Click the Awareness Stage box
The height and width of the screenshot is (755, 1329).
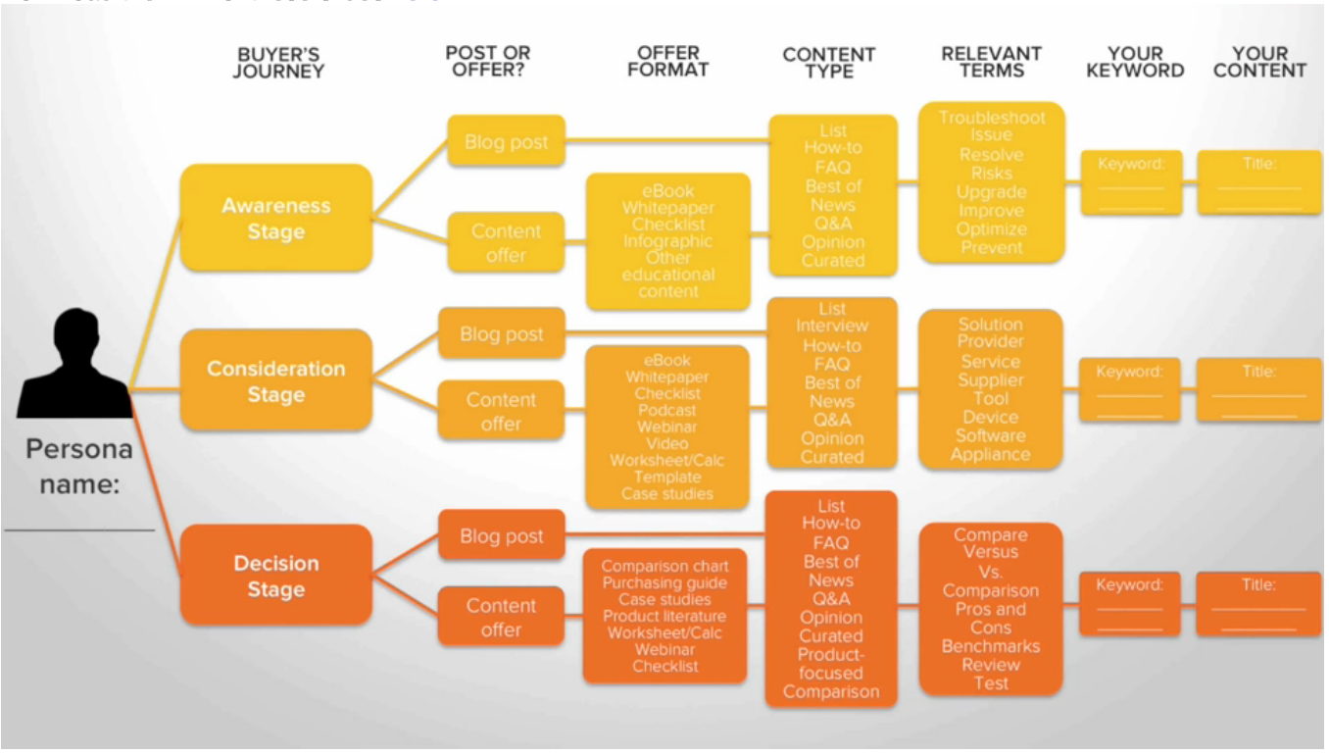tap(275, 219)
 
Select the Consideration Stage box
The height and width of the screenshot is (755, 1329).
tap(275, 381)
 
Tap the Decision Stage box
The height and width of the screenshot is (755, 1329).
tap(275, 577)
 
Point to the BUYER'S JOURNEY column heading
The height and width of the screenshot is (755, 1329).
tap(278, 63)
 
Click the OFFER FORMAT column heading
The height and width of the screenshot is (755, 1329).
tap(667, 61)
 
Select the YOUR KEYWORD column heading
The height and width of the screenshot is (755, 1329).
tap(1135, 63)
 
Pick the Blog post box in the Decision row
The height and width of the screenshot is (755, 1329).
tap(501, 536)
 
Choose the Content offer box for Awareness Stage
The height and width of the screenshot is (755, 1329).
tap(506, 243)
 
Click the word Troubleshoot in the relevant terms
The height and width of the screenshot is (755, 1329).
tap(992, 118)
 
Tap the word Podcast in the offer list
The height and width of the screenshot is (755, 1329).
tap(666, 410)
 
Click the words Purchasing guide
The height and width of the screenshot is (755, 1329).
tap(664, 583)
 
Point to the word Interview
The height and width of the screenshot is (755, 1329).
tap(831, 326)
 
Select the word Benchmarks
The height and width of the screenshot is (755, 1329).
tap(991, 646)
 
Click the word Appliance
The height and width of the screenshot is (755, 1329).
tap(990, 454)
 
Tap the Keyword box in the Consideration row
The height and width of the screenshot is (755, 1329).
tap(1129, 389)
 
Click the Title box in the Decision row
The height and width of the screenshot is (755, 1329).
tap(1258, 602)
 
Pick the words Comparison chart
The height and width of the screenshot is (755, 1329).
tap(664, 566)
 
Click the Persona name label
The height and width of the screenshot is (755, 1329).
tap(78, 466)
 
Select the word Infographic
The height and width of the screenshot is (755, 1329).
tap(667, 241)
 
